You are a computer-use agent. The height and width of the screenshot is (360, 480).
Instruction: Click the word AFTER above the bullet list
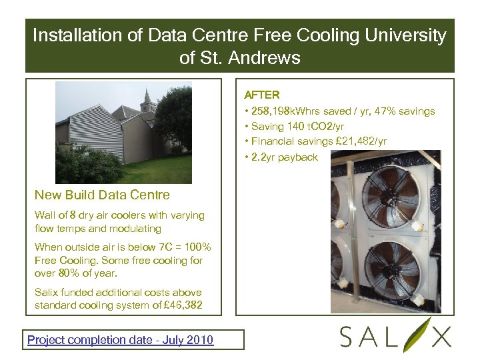262,95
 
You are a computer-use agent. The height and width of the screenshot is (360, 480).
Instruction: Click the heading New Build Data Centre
102,195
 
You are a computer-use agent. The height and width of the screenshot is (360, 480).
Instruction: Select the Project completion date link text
120,340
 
